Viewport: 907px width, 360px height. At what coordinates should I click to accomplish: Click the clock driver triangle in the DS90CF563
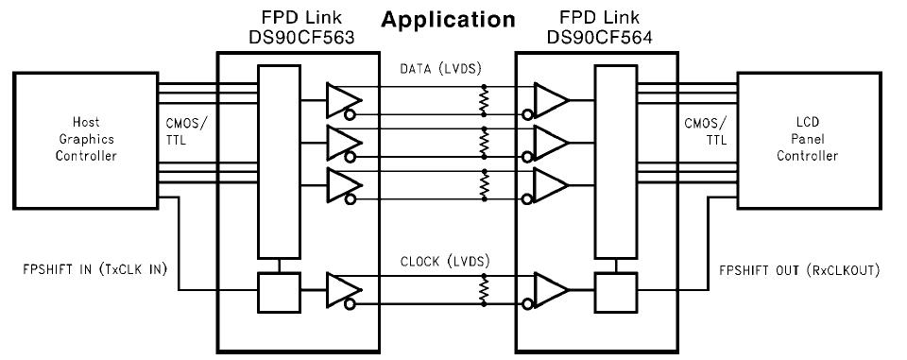click(x=340, y=287)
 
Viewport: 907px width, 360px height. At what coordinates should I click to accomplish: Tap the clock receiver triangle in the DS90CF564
click(x=551, y=287)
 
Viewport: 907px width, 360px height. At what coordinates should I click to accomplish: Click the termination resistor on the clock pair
click(x=485, y=287)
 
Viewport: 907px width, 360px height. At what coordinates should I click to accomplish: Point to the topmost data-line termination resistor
click(x=485, y=100)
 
